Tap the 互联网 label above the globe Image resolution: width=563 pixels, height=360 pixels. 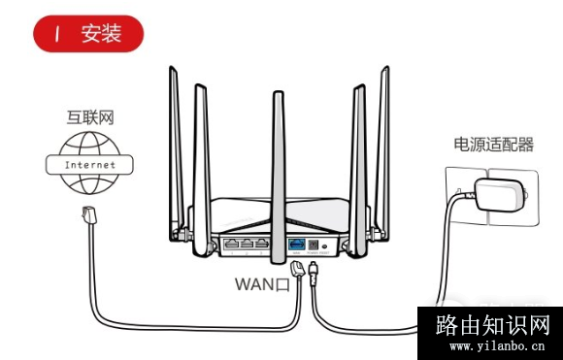point(88,118)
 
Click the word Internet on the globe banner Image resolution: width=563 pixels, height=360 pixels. point(88,165)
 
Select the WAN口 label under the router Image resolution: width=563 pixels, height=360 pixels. point(262,284)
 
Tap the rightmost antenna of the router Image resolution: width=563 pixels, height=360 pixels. point(383,146)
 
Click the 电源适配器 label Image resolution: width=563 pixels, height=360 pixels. point(493,145)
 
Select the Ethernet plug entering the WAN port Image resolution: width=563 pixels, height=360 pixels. point(298,268)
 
